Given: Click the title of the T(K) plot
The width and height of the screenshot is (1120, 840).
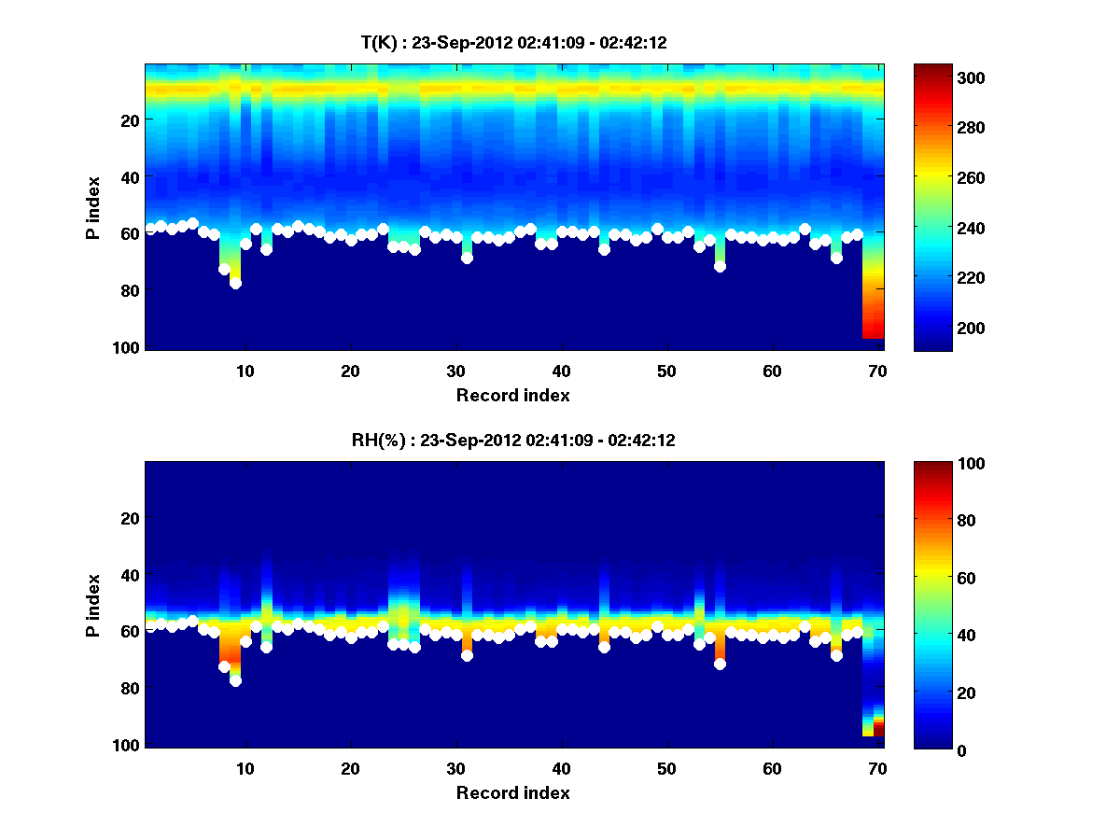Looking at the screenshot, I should pos(513,42).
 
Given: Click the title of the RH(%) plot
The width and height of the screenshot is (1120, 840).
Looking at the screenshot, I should pos(513,441).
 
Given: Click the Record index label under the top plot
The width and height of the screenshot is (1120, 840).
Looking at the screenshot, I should pos(513,395).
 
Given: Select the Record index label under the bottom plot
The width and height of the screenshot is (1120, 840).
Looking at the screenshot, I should pos(513,792).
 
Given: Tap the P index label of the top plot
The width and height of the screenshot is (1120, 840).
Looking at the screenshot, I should pos(93,207).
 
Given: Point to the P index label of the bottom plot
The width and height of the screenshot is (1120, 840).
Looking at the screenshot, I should pos(93,605).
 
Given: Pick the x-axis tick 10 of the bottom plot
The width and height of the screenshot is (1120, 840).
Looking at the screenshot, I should pos(245,768).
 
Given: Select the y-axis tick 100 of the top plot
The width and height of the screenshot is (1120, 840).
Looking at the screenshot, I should pos(128,347).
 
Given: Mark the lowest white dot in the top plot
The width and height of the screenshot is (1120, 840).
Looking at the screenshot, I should pos(235,283).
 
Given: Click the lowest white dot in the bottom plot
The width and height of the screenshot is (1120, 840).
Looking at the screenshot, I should pos(235,680).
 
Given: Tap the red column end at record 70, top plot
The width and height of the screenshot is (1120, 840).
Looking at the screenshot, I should pos(874,331).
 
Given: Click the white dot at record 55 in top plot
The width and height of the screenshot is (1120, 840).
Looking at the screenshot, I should pos(720,266).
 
